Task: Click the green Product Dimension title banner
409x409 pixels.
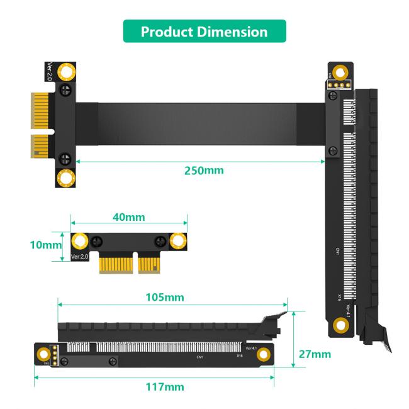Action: (204, 31)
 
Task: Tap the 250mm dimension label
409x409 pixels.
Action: (203, 170)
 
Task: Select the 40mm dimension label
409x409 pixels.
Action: (128, 217)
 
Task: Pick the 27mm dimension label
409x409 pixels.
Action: (314, 354)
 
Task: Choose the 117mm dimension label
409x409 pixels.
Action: (165, 386)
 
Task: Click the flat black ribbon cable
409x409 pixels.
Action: (201, 123)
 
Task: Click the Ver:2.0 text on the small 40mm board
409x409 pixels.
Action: (80, 257)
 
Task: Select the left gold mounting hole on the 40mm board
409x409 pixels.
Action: (80, 240)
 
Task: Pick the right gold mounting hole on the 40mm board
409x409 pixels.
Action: (177, 240)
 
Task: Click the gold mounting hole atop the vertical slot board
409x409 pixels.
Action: (340, 71)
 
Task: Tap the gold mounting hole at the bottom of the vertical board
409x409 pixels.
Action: (340, 325)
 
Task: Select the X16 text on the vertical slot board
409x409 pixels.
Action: (338, 296)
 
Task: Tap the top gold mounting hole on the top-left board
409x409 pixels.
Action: (65, 72)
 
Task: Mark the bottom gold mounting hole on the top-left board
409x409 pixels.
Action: (65, 178)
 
